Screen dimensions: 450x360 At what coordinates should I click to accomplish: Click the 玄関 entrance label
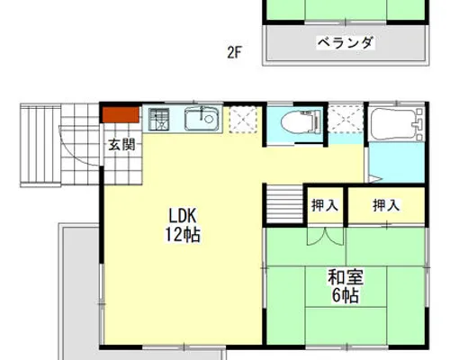tap(121, 145)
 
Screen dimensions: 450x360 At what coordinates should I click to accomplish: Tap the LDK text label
tap(183, 216)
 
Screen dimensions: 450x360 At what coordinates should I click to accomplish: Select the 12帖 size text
tap(183, 235)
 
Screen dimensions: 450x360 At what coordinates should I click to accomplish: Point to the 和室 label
tap(346, 277)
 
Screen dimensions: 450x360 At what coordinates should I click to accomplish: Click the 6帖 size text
tap(346, 295)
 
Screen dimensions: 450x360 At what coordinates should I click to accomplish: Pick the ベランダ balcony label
tap(346, 42)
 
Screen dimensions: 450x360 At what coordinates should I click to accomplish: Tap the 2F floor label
tap(234, 53)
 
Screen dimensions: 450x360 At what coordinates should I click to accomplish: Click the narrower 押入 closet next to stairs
tap(325, 205)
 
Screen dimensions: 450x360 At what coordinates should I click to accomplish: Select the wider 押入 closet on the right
tap(386, 205)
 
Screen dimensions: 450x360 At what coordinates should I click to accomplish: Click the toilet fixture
tap(301, 121)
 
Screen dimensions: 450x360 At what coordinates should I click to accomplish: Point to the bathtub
tap(397, 123)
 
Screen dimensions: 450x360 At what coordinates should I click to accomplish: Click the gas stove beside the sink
tap(159, 120)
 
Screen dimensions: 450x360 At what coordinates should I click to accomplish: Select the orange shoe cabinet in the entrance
tap(121, 115)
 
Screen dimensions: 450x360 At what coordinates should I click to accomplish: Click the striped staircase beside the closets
tap(284, 204)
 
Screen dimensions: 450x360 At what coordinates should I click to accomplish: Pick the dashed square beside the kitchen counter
tap(243, 120)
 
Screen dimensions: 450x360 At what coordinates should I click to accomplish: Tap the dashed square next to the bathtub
tap(346, 119)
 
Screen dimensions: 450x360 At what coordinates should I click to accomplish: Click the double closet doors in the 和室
tap(325, 237)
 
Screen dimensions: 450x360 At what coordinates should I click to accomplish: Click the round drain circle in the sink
tap(209, 119)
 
